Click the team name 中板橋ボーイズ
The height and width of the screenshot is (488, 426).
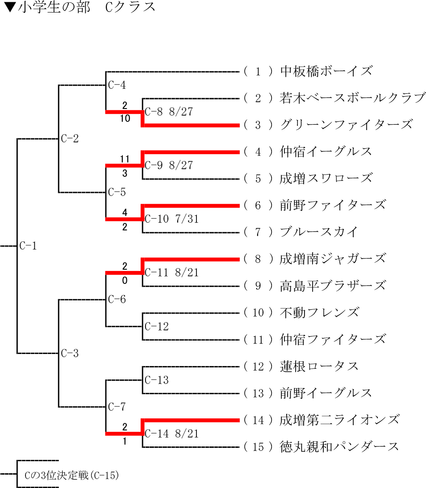coord(326,71)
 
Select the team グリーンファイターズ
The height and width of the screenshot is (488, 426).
coord(346,125)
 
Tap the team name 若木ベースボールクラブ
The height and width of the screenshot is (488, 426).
coord(352,98)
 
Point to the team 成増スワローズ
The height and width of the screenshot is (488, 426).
coord(326,179)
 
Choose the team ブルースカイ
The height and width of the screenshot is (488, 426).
coord(319,232)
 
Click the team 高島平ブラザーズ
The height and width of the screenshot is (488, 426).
coord(333,286)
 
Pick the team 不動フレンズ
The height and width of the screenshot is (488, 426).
coord(319,313)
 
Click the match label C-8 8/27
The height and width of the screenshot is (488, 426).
coord(169,112)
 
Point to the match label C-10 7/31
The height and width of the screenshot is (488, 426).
coord(172,219)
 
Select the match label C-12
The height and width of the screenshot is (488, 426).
coord(157,327)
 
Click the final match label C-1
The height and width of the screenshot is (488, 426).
coord(28,246)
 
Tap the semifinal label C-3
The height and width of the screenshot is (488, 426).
coord(70,354)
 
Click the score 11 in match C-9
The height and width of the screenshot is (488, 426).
coord(125,159)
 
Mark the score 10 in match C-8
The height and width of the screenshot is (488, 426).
coord(125,119)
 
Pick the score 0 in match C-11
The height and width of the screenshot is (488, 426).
coord(125,280)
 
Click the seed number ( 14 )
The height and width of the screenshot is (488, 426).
coord(259,420)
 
